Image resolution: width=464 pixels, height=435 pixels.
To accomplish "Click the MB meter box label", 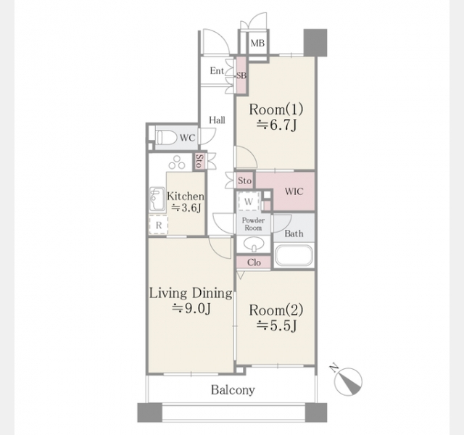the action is pyautogui.click(x=257, y=43).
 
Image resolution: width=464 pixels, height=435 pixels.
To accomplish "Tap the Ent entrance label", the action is pyautogui.click(x=217, y=71).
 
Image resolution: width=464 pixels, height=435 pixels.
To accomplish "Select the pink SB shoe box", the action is pyautogui.click(x=241, y=75).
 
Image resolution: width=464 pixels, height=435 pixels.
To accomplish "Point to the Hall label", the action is pyautogui.click(x=217, y=120).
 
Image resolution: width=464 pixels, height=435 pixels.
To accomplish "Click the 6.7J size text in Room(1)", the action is pyautogui.click(x=276, y=125).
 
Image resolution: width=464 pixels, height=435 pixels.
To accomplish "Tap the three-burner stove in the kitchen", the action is pyautogui.click(x=177, y=162).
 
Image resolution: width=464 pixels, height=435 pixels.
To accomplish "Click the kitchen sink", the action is pyautogui.click(x=157, y=199).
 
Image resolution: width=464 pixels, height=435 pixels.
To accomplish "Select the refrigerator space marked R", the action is pyautogui.click(x=159, y=225).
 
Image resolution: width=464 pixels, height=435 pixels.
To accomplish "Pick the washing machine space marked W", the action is pyautogui.click(x=249, y=202).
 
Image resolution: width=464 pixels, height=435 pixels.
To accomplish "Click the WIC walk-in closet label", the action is pyautogui.click(x=294, y=191).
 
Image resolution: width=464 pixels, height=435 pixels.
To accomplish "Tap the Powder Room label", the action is pyautogui.click(x=253, y=224).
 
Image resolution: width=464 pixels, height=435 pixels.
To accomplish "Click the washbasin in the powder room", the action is pyautogui.click(x=254, y=244).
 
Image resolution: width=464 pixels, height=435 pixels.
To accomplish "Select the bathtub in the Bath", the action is pyautogui.click(x=294, y=255).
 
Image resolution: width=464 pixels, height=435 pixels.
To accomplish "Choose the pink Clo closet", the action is pyautogui.click(x=254, y=262).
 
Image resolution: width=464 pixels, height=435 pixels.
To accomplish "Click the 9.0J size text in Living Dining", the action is pyautogui.click(x=191, y=308).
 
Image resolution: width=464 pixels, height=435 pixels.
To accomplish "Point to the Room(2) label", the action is pyautogui.click(x=276, y=310).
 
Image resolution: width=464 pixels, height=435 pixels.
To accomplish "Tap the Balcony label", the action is pyautogui.click(x=233, y=390).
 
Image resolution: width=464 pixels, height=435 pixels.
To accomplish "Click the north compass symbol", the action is pyautogui.click(x=348, y=381).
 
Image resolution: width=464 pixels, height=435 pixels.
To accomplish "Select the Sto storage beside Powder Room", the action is pyautogui.click(x=245, y=181).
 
